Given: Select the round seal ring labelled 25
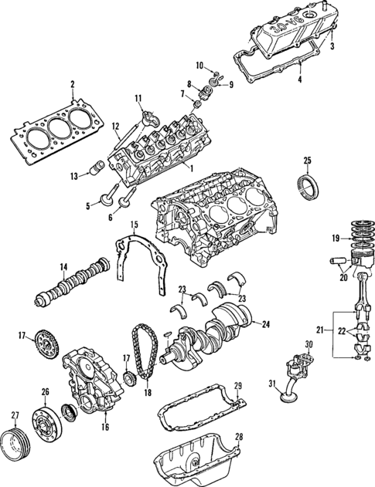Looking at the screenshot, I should (307, 186).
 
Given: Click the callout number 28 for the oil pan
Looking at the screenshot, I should (239, 438).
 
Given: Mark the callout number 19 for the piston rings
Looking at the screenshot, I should (336, 238).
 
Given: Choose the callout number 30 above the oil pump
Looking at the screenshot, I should (309, 344).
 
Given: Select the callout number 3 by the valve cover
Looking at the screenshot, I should (332, 46).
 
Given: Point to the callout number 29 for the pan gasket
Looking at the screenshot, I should (238, 385).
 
